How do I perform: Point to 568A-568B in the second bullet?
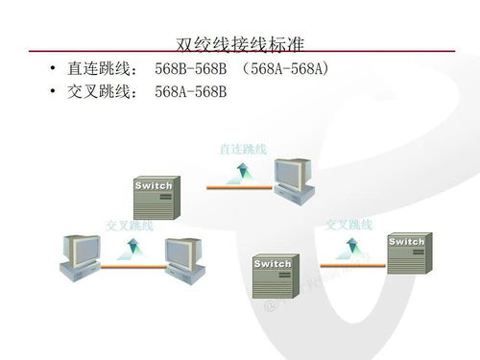(190, 92)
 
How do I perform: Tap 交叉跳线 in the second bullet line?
(98, 92)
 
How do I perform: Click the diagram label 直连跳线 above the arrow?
(242, 149)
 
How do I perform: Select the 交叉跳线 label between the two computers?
(130, 225)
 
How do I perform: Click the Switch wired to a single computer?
(154, 197)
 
